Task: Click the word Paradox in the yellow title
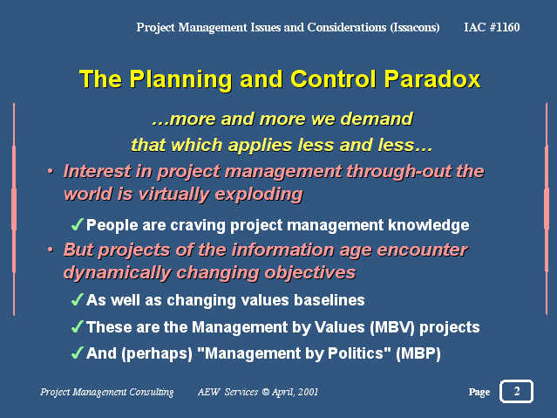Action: point(432,79)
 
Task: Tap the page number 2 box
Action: point(516,391)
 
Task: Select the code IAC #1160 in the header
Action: point(492,27)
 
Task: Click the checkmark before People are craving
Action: point(77,225)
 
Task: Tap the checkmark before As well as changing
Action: point(77,299)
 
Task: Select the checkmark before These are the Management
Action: point(77,326)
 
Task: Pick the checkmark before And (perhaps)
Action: point(77,353)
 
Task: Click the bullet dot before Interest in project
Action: point(51,171)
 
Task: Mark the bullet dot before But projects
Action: point(51,250)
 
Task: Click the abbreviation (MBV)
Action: point(392,327)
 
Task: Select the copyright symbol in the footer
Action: point(265,392)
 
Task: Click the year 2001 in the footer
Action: point(308,392)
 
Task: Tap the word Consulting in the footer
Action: point(152,393)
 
